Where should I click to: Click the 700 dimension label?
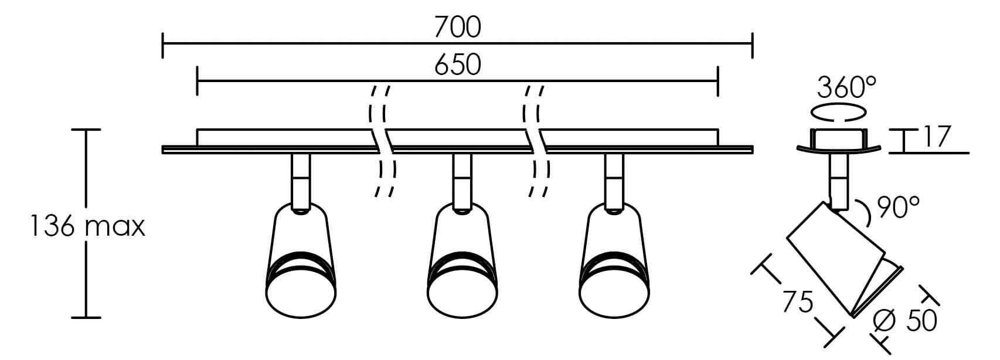pyautogui.click(x=458, y=27)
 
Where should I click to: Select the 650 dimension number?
pyautogui.click(x=458, y=64)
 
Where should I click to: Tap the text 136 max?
pyautogui.click(x=87, y=226)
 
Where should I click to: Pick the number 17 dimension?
pyautogui.click(x=936, y=136)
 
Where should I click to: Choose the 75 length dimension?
pyautogui.click(x=798, y=302)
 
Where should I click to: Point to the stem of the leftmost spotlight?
pyautogui.click(x=300, y=181)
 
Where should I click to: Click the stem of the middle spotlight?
pyautogui.click(x=462, y=181)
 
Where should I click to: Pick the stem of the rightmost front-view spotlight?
pyautogui.click(x=614, y=181)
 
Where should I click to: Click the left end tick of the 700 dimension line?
pyautogui.click(x=163, y=45)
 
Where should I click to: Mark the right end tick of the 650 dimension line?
pyautogui.click(x=717, y=81)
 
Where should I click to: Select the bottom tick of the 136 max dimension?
pyautogui.click(x=86, y=318)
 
